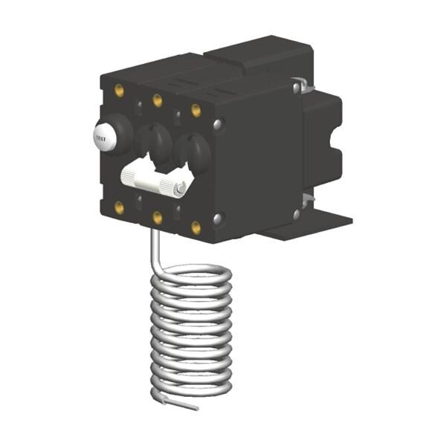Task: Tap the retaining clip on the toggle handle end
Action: click(x=181, y=188)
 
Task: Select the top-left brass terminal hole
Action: click(x=119, y=91)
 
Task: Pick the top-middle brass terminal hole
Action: click(x=158, y=100)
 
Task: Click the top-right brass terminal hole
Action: click(x=196, y=110)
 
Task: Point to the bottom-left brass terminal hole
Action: click(x=119, y=207)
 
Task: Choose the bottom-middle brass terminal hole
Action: click(x=158, y=218)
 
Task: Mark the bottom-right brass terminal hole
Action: click(x=196, y=227)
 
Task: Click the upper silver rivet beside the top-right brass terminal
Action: click(x=217, y=124)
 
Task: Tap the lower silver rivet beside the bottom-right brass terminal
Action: click(x=217, y=219)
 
